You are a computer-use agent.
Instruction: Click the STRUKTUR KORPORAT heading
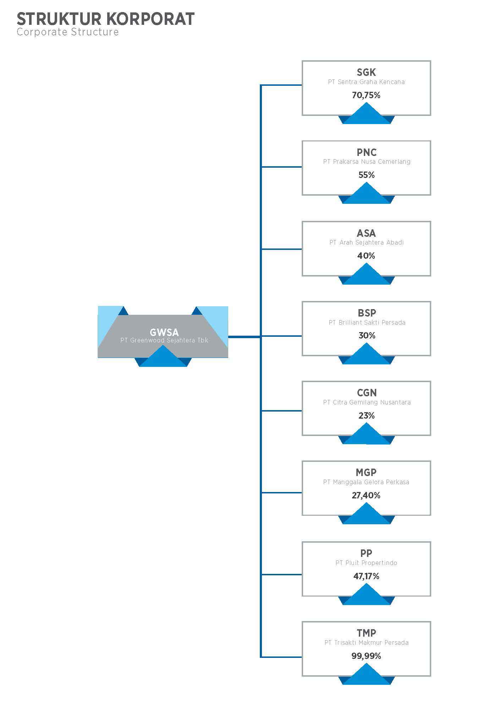click(105, 19)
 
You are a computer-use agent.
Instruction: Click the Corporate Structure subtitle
click(67, 32)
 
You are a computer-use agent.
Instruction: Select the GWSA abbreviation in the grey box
click(164, 332)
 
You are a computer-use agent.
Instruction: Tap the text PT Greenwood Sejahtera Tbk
click(164, 340)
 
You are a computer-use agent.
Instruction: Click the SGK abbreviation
click(366, 72)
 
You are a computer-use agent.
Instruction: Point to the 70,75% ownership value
click(366, 95)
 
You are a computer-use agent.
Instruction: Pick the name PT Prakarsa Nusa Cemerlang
click(366, 162)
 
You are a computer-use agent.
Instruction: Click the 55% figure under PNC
click(366, 175)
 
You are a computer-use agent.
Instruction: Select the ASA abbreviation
click(366, 233)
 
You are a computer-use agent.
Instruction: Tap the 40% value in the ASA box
click(366, 256)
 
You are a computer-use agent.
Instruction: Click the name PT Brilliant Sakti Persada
click(367, 323)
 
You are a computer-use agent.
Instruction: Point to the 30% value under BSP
click(367, 335)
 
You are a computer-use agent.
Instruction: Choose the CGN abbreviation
click(367, 393)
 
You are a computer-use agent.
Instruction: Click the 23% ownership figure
click(366, 415)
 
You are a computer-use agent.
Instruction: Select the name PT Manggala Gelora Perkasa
click(366, 482)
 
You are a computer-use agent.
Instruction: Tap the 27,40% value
click(366, 495)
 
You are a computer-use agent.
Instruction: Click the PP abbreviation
click(366, 553)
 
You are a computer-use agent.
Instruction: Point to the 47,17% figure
click(366, 576)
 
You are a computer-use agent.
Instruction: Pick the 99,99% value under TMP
click(366, 656)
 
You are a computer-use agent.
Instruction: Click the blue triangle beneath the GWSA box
click(163, 357)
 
